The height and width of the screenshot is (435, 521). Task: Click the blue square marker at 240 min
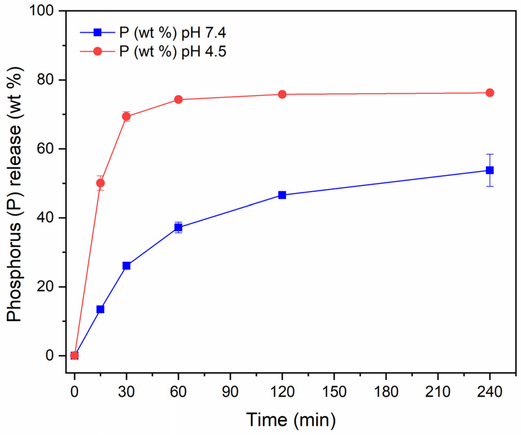pyautogui.click(x=489, y=170)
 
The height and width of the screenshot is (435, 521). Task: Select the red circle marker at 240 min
pyautogui.click(x=489, y=93)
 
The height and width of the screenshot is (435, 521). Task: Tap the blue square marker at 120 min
pyautogui.click(x=282, y=195)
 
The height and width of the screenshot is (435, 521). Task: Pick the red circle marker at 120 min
pyautogui.click(x=282, y=94)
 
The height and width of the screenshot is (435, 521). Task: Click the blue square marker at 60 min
pyautogui.click(x=178, y=227)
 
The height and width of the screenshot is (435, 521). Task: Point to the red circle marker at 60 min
pyautogui.click(x=178, y=99)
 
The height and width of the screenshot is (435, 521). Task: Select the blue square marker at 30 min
pyautogui.click(x=126, y=266)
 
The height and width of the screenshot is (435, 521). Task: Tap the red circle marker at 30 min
pyautogui.click(x=126, y=116)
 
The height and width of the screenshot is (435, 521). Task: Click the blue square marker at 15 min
pyautogui.click(x=100, y=309)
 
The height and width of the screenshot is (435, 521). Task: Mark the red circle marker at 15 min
pyautogui.click(x=100, y=183)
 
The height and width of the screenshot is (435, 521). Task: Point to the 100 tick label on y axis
pyautogui.click(x=42, y=11)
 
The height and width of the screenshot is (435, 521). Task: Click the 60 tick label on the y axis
pyautogui.click(x=45, y=149)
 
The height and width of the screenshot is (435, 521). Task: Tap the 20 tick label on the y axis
pyautogui.click(x=45, y=287)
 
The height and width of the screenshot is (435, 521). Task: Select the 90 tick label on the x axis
pyautogui.click(x=230, y=392)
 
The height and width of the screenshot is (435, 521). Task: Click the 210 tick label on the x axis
pyautogui.click(x=438, y=392)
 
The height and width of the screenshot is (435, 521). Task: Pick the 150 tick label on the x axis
pyautogui.click(x=334, y=392)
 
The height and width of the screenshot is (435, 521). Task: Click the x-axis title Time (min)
pyautogui.click(x=291, y=420)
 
